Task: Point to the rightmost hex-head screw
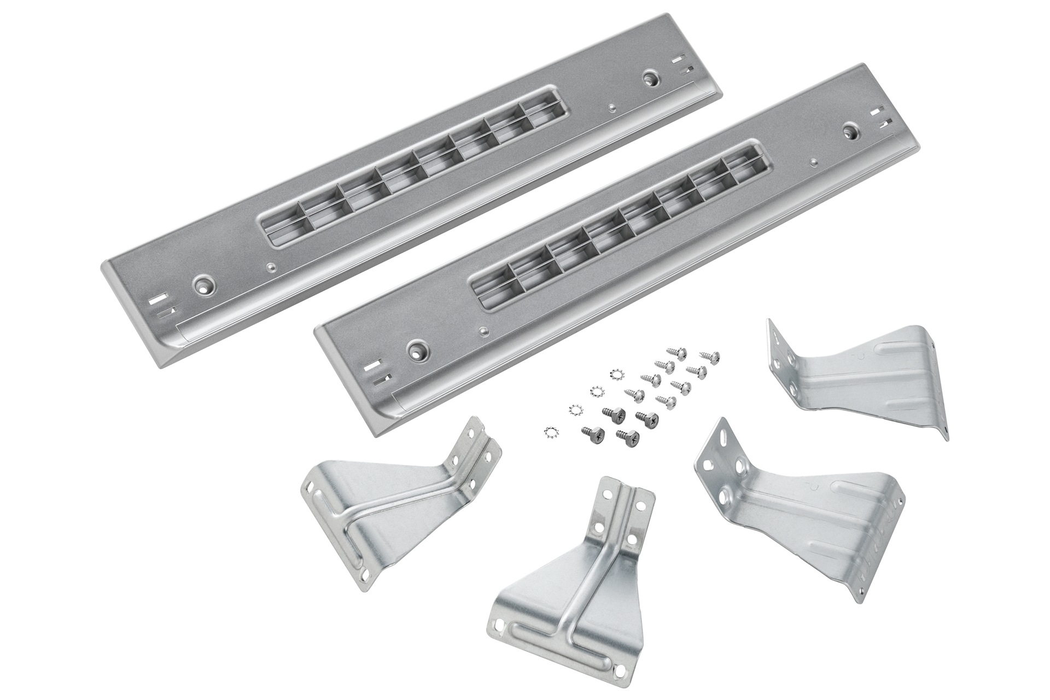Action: (x=650, y=418)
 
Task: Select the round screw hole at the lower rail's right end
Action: (x=851, y=131)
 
